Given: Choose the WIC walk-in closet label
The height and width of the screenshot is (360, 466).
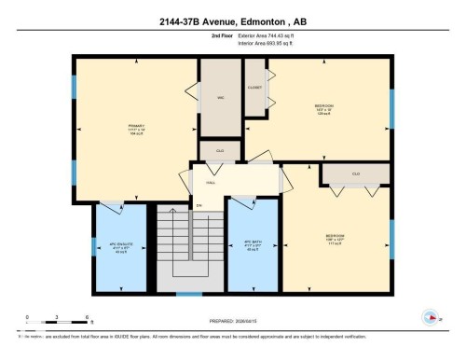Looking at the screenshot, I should click(222, 97).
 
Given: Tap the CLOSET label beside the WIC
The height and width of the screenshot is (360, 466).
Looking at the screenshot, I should click(254, 86).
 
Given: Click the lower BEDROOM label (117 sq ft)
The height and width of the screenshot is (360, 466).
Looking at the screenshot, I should click(336, 236).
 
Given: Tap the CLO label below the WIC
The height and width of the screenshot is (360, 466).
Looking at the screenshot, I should click(220, 149).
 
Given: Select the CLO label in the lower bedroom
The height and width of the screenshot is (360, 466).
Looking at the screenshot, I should click(356, 174).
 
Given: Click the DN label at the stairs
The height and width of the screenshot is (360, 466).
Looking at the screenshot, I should click(199, 205).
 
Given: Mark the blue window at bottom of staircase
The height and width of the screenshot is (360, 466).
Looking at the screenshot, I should click(189, 295).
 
